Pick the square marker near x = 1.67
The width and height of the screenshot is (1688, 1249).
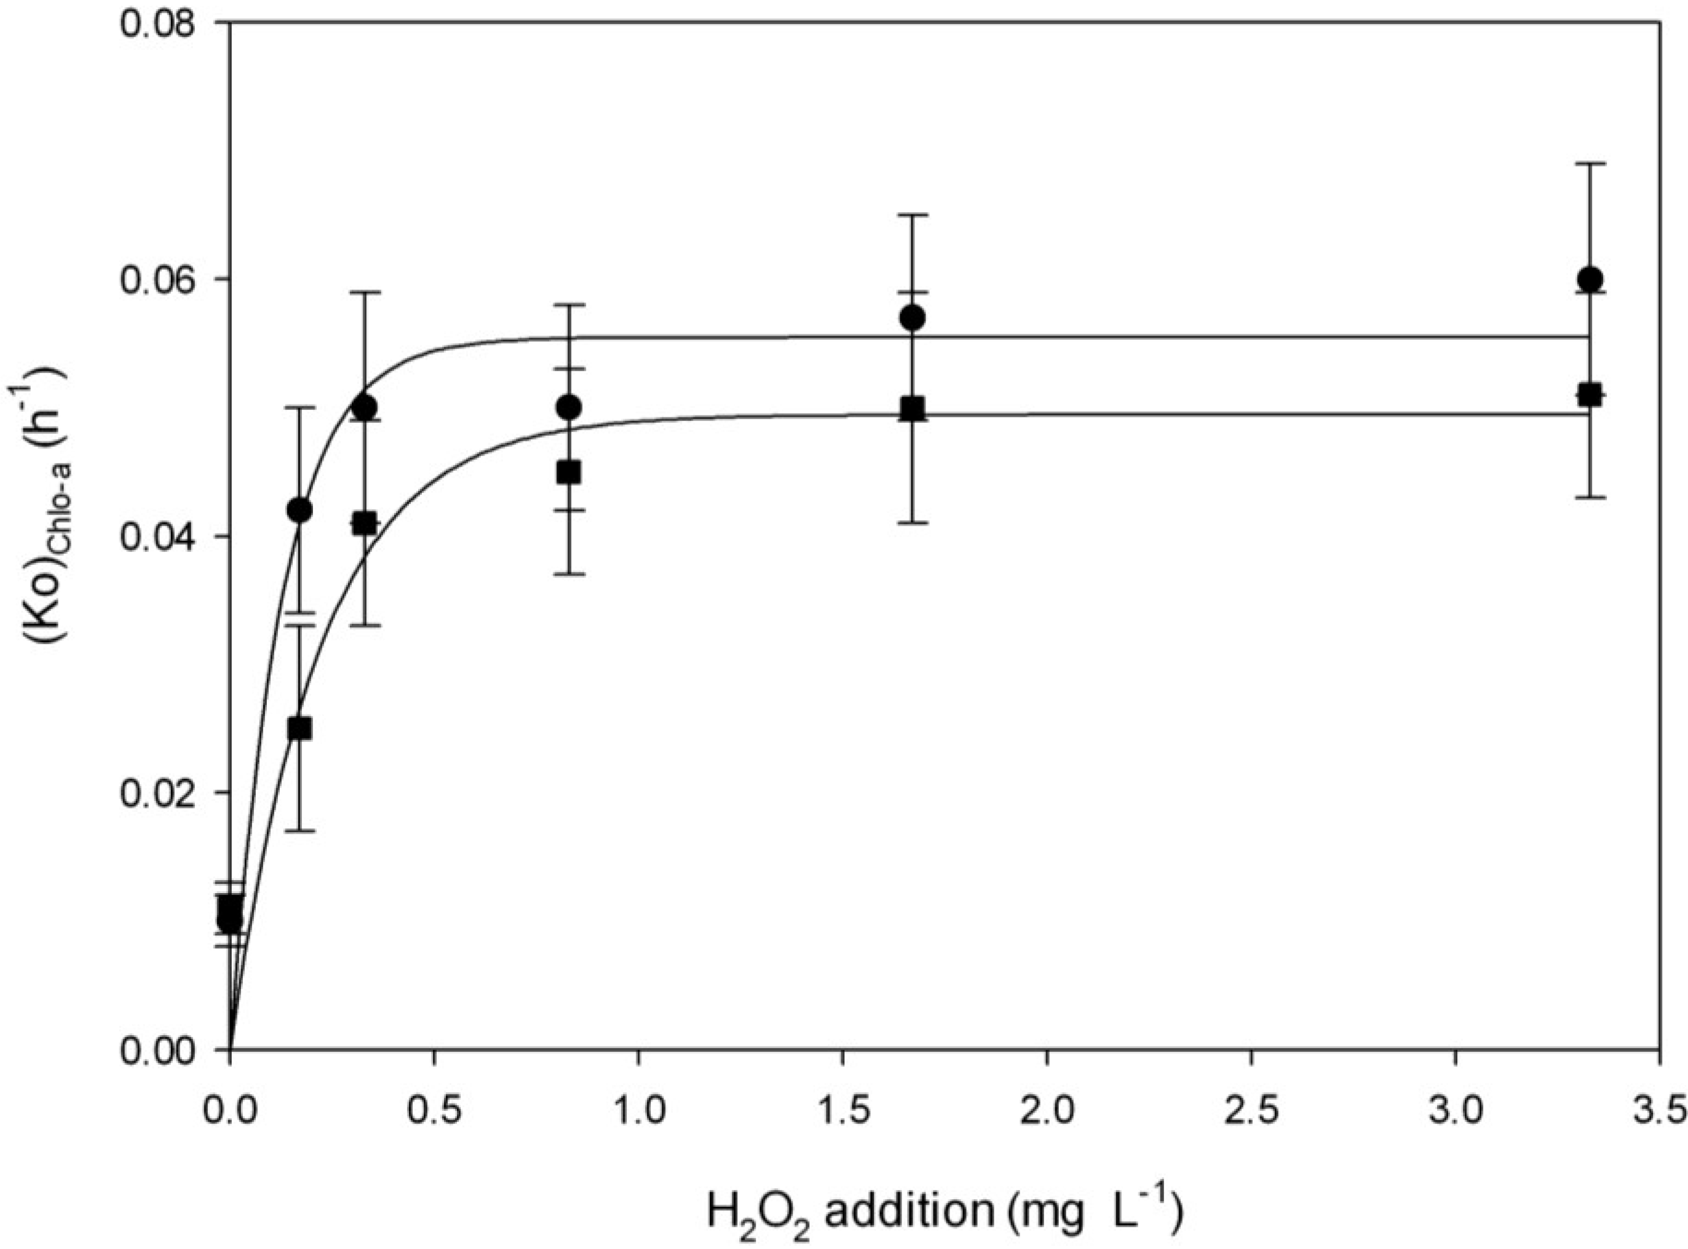pyautogui.click(x=913, y=408)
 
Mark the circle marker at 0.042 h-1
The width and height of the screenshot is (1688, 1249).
pyautogui.click(x=299, y=510)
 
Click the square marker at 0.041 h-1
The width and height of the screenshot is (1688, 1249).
pyautogui.click(x=365, y=523)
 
